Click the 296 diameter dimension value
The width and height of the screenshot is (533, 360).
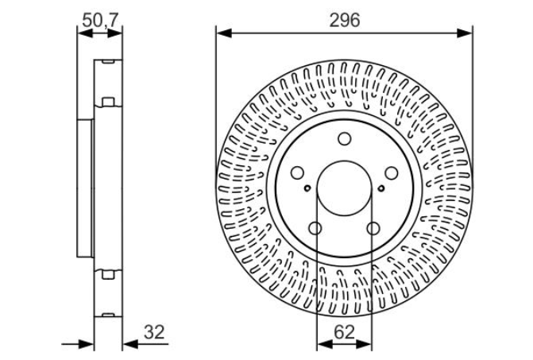[x=344, y=21]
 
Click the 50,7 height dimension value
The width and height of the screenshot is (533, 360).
[x=100, y=21]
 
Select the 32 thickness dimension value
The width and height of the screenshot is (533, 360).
[x=154, y=332]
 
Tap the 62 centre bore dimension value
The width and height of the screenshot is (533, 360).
[x=344, y=332]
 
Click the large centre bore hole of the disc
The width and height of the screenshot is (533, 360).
[x=344, y=188]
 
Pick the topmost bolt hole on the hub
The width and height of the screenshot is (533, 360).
[x=344, y=139]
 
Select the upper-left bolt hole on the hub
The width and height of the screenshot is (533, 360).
[x=297, y=172]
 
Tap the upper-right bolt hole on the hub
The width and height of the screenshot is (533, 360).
[x=392, y=172]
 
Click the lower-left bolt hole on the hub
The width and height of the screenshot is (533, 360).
[x=315, y=228]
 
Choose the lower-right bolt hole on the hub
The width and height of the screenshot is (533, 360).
[x=373, y=228]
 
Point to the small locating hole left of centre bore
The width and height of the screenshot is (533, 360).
[x=307, y=188]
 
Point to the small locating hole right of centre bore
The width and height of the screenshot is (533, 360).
[x=381, y=188]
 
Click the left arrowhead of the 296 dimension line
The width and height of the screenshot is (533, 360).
[x=224, y=33]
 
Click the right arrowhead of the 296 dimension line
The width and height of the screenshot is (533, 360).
[x=465, y=33]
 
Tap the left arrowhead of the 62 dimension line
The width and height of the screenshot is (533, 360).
[x=325, y=344]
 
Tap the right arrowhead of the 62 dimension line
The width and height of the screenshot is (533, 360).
[x=364, y=344]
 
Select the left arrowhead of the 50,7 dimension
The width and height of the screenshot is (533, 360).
[x=85, y=33]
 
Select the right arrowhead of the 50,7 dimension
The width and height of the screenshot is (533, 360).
[x=115, y=33]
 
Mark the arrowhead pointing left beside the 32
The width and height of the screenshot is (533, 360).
[x=130, y=344]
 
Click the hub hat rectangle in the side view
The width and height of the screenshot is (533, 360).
[x=85, y=188]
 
